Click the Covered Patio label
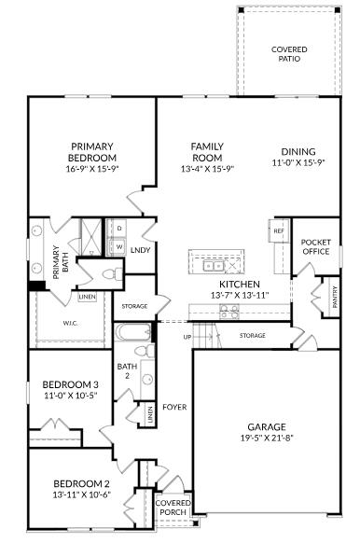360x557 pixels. tap(289, 54)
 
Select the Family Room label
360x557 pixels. tap(206, 152)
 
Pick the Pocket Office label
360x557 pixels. tap(316, 246)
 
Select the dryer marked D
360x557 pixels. tap(119, 228)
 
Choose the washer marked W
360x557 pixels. tap(119, 246)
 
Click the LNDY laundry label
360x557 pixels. tap(141, 250)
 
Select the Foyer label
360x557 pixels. tap(174, 407)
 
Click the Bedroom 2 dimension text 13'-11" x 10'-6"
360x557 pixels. tap(82, 494)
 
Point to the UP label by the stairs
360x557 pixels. tap(187, 336)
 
